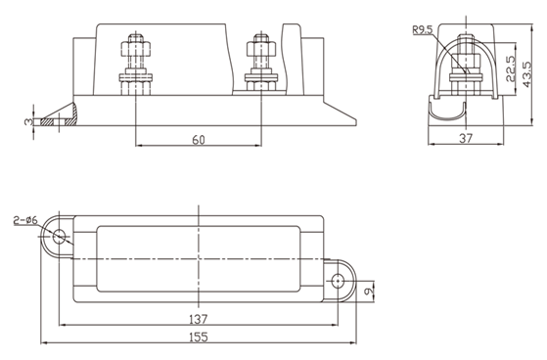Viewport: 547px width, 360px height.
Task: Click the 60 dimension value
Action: (199, 140)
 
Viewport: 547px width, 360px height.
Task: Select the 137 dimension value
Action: (198, 319)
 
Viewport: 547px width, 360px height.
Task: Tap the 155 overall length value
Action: (198, 337)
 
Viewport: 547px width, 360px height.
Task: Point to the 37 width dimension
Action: (466, 139)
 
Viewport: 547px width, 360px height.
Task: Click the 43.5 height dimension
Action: (526, 74)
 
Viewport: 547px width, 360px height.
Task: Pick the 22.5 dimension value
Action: (511, 68)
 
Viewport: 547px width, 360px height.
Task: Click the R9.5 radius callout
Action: (423, 29)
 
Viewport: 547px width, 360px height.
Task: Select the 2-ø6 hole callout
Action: (25, 220)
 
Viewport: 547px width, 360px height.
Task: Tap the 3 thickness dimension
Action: (28, 121)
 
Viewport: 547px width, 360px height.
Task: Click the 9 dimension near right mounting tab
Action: (368, 290)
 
